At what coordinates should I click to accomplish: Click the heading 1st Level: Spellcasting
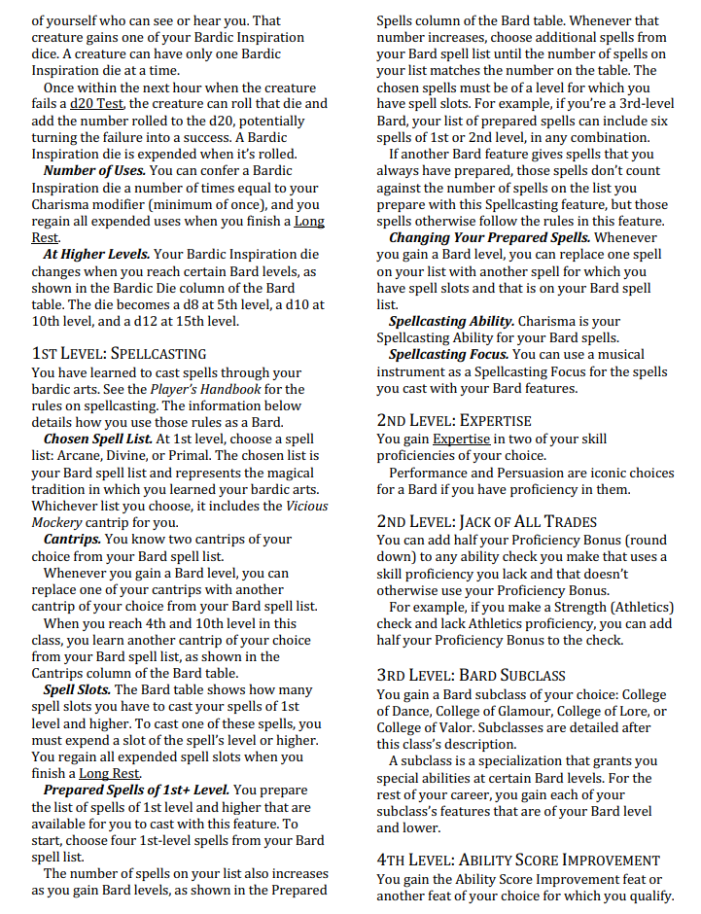point(119,353)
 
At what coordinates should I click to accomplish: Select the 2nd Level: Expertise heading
point(454,421)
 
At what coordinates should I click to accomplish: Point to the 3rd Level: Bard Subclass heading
point(471,675)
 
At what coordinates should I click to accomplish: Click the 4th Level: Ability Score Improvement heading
point(518,860)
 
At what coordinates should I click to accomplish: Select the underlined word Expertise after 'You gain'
point(462,439)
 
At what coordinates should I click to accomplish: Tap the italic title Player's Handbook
point(204,389)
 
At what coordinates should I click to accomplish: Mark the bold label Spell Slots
point(77,689)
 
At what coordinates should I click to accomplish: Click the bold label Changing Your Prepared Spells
point(489,237)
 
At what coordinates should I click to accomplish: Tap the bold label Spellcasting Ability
point(451,321)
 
